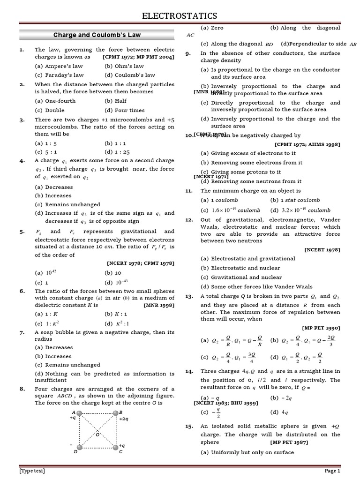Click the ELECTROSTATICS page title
[x=180, y=16]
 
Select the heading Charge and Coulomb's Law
[x=97, y=35]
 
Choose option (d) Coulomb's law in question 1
[x=129, y=75]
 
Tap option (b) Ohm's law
[x=124, y=66]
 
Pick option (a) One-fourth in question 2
[x=55, y=101]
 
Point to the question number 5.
[x=22, y=232]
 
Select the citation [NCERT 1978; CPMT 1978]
[x=141, y=263]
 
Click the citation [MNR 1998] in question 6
[x=159, y=305]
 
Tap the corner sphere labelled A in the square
[x=79, y=413]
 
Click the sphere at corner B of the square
[x=114, y=413]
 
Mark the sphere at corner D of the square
[x=79, y=447]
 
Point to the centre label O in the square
[x=97, y=435]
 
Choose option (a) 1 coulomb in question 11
[x=219, y=200]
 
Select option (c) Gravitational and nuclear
[x=241, y=277]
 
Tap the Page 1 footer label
[x=332, y=471]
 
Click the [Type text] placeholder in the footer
[x=33, y=471]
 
